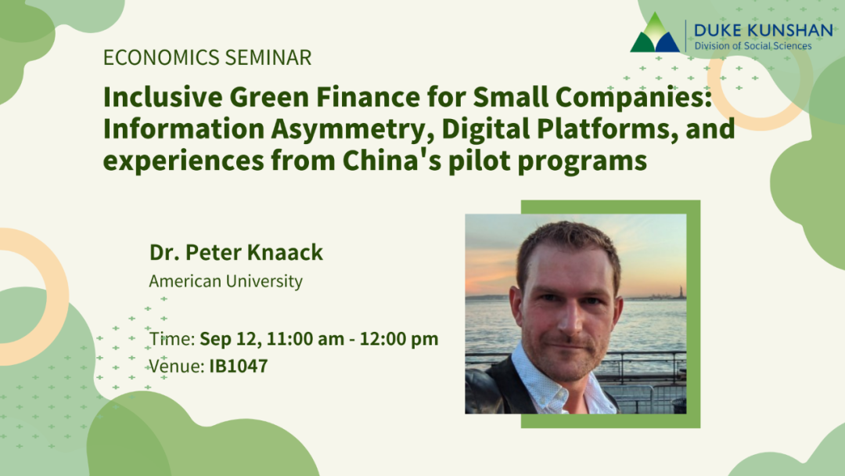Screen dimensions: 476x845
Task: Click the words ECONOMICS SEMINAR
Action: pos(207,57)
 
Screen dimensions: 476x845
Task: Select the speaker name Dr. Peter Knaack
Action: pos(236,253)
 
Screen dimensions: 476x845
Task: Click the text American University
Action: pos(225,281)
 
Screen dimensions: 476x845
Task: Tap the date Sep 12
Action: pos(229,339)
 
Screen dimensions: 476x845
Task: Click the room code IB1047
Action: pos(238,366)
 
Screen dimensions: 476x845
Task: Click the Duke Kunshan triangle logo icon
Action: pos(655,35)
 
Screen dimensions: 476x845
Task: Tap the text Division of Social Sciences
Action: pos(753,45)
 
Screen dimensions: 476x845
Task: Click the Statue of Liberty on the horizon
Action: pos(681,291)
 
